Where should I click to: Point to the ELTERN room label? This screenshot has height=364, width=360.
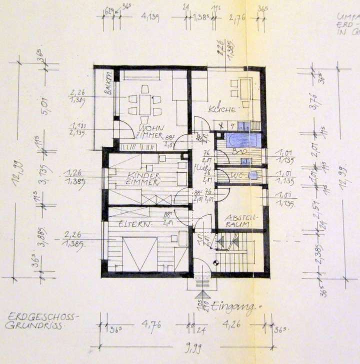[x=135, y=224]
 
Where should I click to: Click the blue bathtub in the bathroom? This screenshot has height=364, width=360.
[x=242, y=139]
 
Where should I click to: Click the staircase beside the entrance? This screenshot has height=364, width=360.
[x=235, y=255]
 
